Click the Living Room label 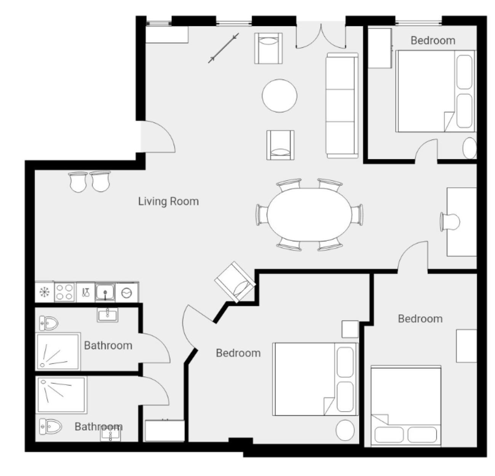click(x=168, y=201)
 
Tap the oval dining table click(x=309, y=214)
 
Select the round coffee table click(x=279, y=96)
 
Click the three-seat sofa click(x=342, y=105)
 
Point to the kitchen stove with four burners click(x=65, y=292)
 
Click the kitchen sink click(x=105, y=292)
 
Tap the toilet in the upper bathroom click(x=49, y=323)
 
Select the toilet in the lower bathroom click(x=50, y=426)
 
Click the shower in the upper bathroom click(x=58, y=351)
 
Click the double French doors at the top click(x=321, y=36)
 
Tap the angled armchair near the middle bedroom click(x=235, y=282)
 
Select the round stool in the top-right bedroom click(x=469, y=148)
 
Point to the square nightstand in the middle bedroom click(x=350, y=329)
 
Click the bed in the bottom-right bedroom click(x=406, y=406)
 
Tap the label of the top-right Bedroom click(x=433, y=41)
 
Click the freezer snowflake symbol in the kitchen click(x=44, y=292)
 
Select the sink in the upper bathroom click(x=107, y=315)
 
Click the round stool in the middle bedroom click(x=345, y=430)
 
